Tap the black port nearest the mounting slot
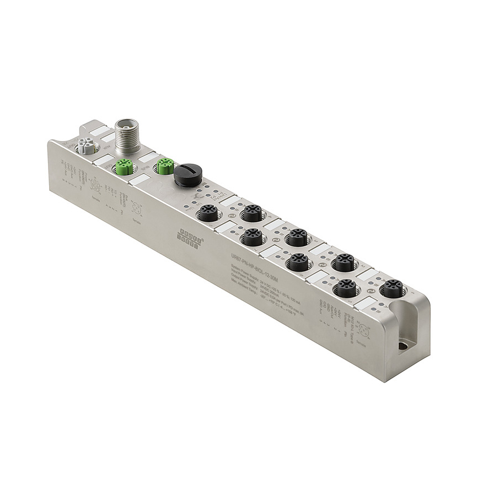[393, 288]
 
